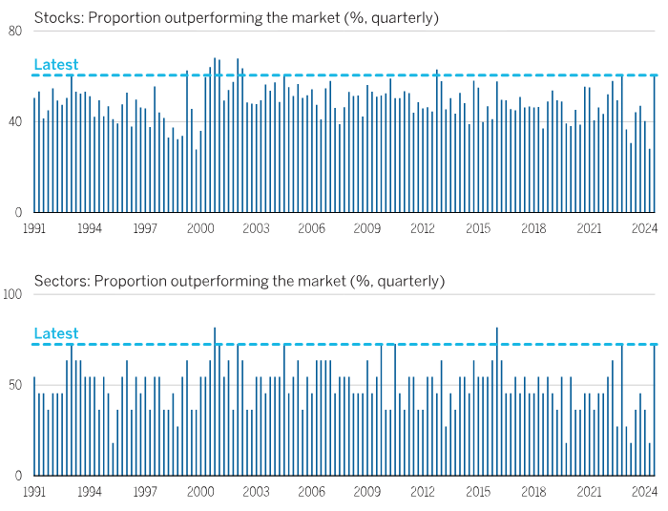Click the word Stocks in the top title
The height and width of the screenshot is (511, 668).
coord(55,17)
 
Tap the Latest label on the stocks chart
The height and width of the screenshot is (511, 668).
coord(56,65)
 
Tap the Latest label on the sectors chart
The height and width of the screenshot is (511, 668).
coord(56,333)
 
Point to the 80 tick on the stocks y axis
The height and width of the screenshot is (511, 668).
coord(15,31)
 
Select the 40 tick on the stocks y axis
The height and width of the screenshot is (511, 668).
coord(15,121)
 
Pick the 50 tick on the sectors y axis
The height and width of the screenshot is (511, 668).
coord(15,385)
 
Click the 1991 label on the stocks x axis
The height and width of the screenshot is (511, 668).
coord(34,228)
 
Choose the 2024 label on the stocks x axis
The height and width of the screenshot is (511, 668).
coord(644,228)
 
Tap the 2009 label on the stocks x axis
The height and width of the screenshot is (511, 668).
coord(367,228)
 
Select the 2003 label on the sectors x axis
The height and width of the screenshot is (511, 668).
coord(256,492)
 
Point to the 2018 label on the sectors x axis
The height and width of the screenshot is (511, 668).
coord(533,492)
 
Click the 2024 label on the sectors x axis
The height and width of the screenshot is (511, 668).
coord(644,492)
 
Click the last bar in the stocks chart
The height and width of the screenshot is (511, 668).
coord(654,143)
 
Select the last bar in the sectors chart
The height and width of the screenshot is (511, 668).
coord(654,411)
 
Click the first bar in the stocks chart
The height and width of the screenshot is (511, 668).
coord(34,155)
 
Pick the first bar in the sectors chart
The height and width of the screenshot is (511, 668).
coord(34,426)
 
